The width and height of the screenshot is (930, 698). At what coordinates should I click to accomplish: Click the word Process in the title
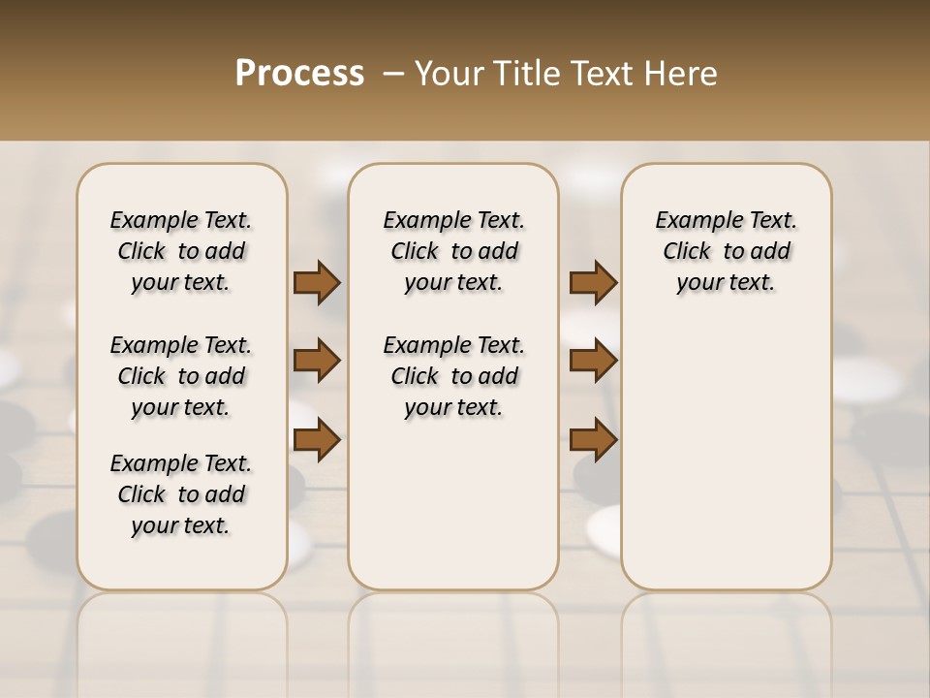pos(299,74)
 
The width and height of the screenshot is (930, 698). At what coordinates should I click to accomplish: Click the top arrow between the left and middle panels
pos(317,282)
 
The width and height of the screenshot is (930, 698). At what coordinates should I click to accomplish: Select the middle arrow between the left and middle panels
pos(317,361)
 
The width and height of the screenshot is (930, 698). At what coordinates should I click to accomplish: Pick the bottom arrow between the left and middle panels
pos(317,440)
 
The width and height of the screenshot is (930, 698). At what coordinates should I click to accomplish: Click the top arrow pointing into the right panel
pos(593,282)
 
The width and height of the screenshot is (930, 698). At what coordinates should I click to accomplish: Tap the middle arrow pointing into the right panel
pos(593,361)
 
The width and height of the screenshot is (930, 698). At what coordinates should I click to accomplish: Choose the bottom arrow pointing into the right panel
pos(593,440)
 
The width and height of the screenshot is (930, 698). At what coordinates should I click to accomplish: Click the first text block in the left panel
pos(181,251)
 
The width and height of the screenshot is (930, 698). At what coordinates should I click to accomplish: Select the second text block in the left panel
pos(181,376)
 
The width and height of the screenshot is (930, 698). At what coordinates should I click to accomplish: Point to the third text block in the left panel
pos(181,494)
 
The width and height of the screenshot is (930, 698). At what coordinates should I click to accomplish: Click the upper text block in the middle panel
pos(453,251)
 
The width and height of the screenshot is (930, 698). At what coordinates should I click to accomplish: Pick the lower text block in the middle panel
pos(453,376)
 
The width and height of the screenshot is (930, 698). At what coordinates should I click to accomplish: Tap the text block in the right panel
pos(726,251)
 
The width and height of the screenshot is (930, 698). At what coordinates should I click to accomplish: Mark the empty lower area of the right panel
pos(726,456)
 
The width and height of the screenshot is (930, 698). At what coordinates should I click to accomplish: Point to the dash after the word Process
pos(392,74)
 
